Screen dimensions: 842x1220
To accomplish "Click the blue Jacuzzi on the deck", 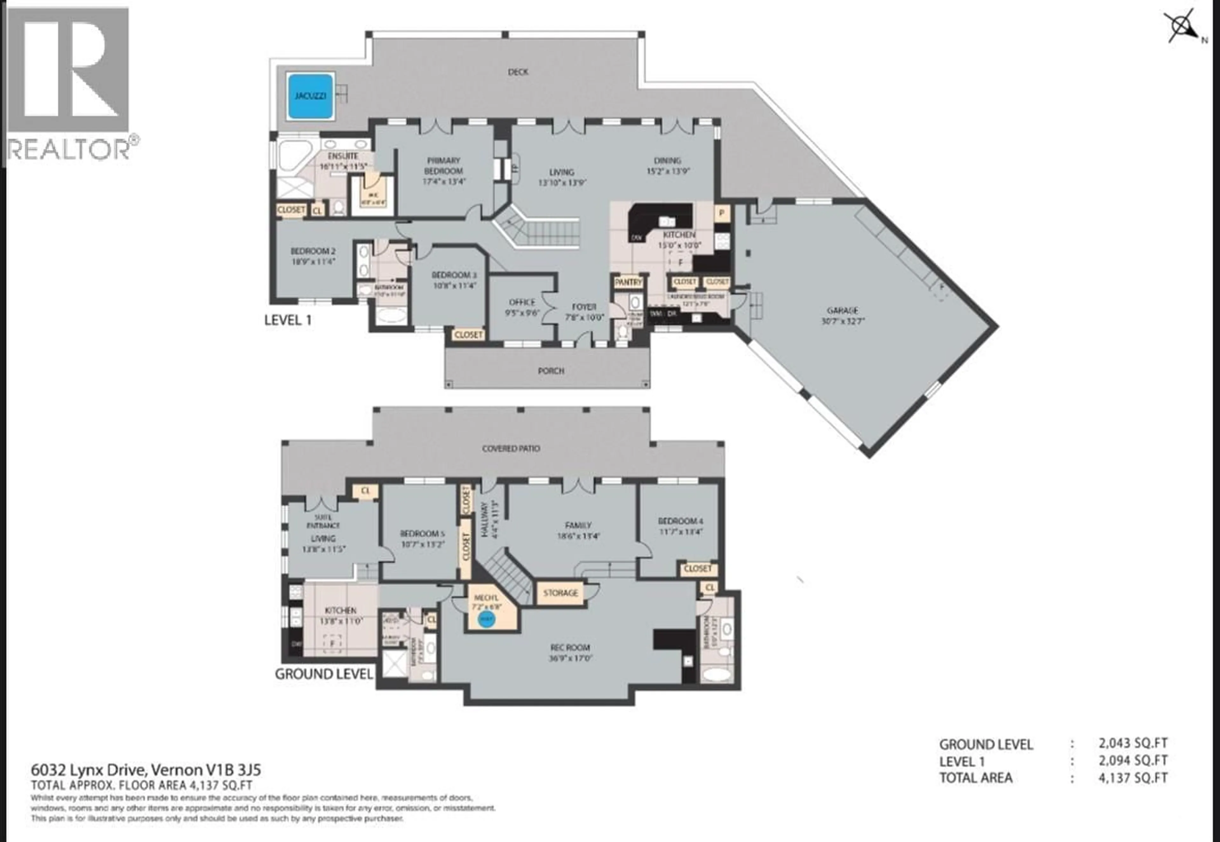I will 310,96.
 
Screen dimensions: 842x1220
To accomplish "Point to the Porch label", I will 551,371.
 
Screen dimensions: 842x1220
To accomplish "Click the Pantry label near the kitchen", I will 628,282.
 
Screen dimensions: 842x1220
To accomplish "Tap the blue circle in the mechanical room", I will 486,619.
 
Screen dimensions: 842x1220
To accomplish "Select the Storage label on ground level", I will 560,593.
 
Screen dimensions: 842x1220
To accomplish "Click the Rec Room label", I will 570,647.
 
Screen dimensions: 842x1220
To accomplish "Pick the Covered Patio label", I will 511,448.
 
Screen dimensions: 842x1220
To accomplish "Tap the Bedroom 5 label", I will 419,533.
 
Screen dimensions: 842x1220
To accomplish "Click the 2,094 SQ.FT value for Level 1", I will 1133,760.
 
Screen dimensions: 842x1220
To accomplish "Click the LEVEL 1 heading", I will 288,320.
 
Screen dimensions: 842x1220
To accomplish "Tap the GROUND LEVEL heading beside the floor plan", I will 323,674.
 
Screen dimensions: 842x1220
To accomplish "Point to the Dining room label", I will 668,160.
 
